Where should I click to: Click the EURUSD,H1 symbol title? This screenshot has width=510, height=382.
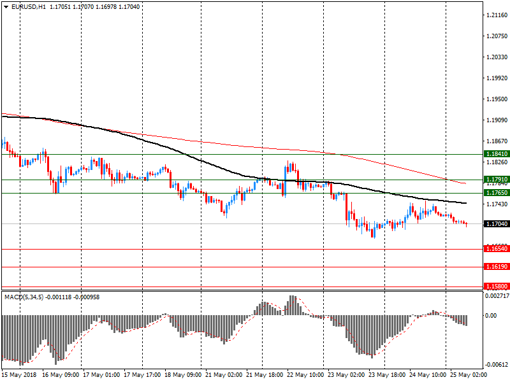[x=29, y=6]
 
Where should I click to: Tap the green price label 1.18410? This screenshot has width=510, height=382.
[x=496, y=154]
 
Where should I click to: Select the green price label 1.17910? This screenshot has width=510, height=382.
[x=496, y=180]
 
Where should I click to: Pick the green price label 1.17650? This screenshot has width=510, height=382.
[x=496, y=192]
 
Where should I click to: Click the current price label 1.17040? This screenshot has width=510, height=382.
[x=496, y=224]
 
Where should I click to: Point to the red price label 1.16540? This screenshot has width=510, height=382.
[x=496, y=249]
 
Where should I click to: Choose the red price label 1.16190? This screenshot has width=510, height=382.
[x=496, y=267]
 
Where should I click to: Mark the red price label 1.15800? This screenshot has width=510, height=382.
[x=496, y=286]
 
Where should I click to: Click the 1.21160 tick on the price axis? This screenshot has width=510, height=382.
[x=496, y=15]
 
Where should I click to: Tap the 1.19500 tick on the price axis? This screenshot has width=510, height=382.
[x=496, y=99]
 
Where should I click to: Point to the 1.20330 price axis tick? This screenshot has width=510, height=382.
[x=496, y=57]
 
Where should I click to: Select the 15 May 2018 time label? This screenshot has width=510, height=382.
[x=19, y=375]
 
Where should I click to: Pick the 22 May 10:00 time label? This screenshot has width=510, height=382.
[x=305, y=375]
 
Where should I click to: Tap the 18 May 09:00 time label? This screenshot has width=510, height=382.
[x=184, y=375]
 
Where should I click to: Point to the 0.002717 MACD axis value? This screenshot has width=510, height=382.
[x=497, y=296]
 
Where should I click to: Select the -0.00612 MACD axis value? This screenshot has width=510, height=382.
[x=497, y=365]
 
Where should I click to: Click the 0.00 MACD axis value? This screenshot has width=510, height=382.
[x=491, y=316]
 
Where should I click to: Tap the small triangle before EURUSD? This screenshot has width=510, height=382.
[x=6, y=6]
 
